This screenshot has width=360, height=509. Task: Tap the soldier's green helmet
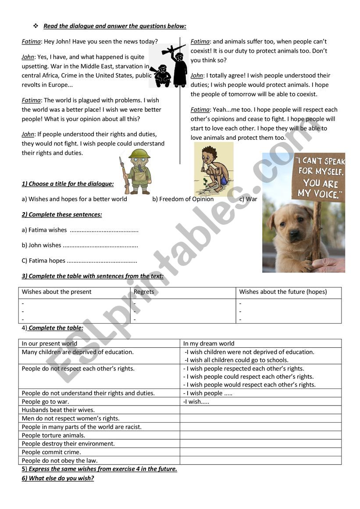[139, 154]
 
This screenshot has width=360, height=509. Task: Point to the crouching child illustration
[213, 169]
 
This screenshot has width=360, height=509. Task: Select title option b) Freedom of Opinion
[183, 199]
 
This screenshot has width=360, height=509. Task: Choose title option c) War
[248, 199]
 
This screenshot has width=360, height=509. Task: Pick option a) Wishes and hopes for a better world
[75, 199]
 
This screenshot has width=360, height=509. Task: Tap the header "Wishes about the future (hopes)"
[283, 292]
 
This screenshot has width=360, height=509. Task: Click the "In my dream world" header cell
[209, 344]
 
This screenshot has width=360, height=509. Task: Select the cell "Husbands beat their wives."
[58, 410]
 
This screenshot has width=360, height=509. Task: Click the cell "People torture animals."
[53, 435]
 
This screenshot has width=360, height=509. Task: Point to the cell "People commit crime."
[52, 452]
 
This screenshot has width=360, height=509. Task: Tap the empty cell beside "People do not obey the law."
[260, 460]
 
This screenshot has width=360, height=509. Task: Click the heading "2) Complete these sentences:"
[62, 214]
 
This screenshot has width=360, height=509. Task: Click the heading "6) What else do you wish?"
[58, 478]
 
